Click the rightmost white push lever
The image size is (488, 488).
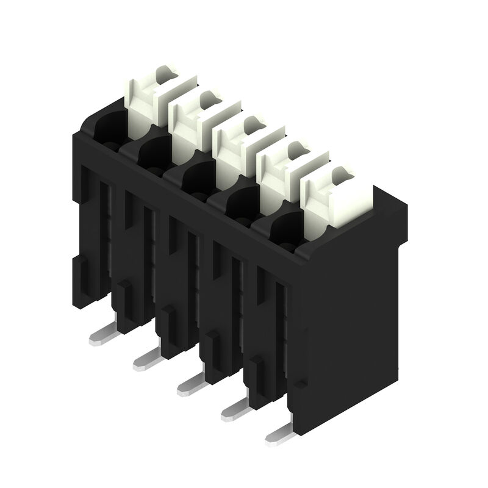[332, 198]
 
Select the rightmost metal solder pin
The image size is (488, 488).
[281, 434]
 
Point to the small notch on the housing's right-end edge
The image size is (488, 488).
[298, 384]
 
